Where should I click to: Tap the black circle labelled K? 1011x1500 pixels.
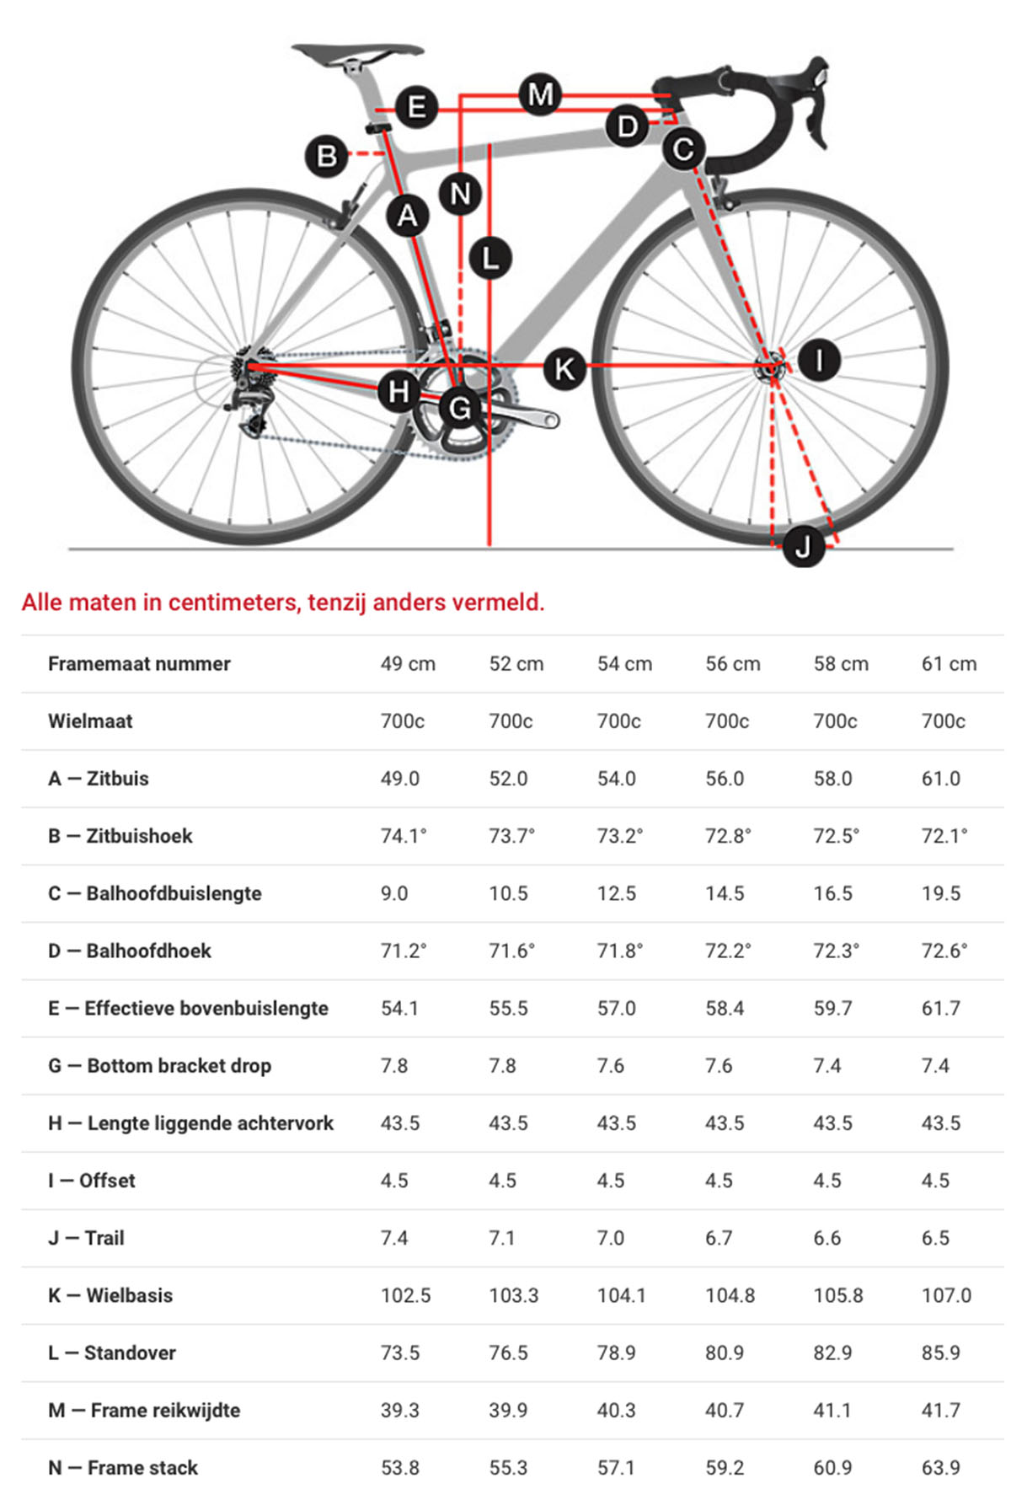point(564,368)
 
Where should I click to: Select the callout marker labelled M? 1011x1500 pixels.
point(540,94)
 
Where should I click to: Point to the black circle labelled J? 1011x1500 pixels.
point(803,546)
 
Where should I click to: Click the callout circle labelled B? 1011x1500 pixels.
point(326,156)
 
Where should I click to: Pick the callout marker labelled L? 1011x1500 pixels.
point(489,258)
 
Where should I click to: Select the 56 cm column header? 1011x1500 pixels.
point(732,664)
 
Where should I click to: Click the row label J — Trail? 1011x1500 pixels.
point(86,1238)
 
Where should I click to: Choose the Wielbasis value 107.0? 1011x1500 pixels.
point(946,1295)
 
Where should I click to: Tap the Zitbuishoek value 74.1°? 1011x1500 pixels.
point(404,836)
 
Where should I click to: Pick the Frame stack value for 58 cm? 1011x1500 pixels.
point(832,1468)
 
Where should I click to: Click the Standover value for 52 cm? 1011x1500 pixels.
point(508,1353)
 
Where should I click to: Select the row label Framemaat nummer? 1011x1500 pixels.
point(139,664)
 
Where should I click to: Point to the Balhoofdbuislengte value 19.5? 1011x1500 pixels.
point(940,893)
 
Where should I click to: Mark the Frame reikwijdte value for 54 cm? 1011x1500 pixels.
point(616,1411)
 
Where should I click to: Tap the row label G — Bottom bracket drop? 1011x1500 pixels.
point(160,1066)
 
